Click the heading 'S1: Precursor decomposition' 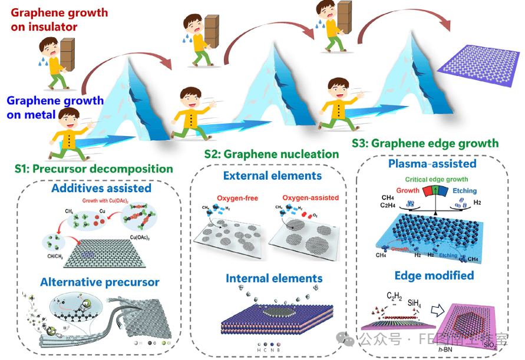[x=94, y=169]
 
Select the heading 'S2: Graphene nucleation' [x=272, y=154]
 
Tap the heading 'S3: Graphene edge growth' [x=425, y=143]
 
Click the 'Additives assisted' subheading [x=101, y=189]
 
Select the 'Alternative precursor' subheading [x=100, y=282]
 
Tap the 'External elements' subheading [x=272, y=176]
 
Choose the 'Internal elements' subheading [x=274, y=278]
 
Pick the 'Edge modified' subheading [x=434, y=275]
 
